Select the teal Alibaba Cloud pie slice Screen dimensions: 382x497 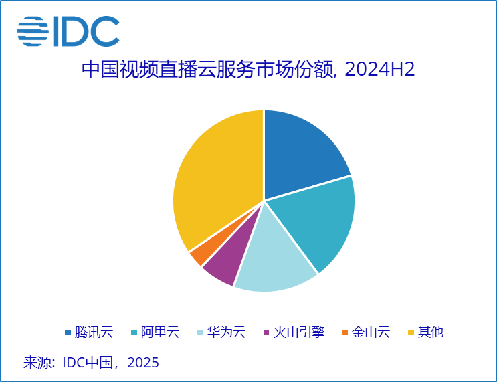coord(318,221)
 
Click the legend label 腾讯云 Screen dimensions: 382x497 coord(94,332)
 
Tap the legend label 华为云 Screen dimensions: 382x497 coord(226,332)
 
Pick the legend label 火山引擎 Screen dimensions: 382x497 coord(298,332)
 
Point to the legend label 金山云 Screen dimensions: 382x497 coord(371,332)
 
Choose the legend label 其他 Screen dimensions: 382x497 coord(430,332)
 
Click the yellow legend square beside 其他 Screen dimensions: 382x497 coord(411,332)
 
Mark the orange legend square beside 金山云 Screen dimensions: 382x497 coord(344,332)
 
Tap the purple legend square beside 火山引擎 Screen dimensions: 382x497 coord(266,332)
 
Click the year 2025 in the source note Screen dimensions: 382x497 coord(143,363)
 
